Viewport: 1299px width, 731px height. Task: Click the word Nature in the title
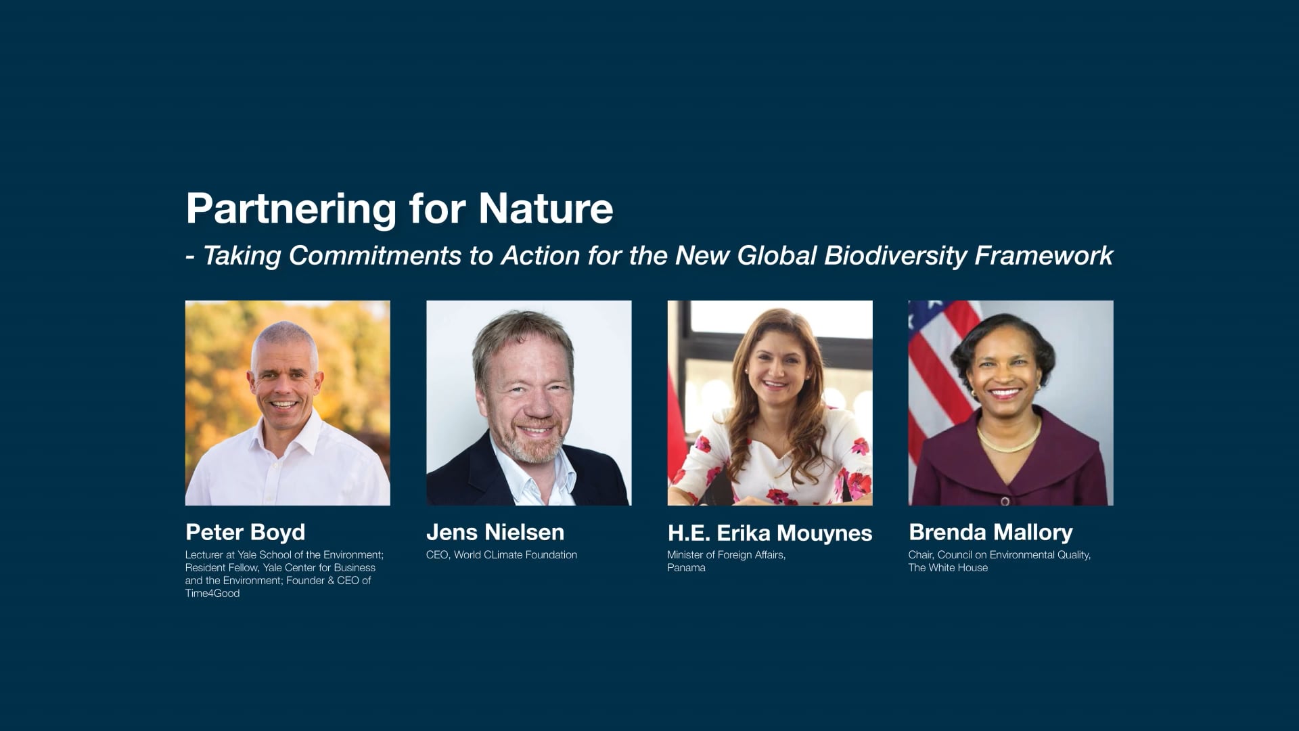[x=545, y=208]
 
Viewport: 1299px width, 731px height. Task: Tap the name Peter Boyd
[x=245, y=532]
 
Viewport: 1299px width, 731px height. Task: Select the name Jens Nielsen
[x=495, y=532]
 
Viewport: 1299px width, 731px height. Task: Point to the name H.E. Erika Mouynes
[x=769, y=533]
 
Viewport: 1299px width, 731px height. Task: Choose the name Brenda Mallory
[x=990, y=532]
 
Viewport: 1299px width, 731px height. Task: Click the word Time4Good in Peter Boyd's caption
[x=212, y=594]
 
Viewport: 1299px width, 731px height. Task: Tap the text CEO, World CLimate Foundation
[x=501, y=555]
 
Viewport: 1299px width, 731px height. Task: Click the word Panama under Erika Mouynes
[x=686, y=568]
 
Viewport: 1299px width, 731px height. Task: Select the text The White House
[x=947, y=568]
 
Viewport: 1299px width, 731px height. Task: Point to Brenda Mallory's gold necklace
[x=1008, y=442]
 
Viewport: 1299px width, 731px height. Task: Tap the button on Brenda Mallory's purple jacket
[x=1005, y=501]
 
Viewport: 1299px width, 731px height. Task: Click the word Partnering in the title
[x=291, y=208]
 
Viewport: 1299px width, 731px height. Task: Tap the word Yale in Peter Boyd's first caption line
[x=247, y=555]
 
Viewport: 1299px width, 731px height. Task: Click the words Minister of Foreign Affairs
[x=726, y=555]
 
